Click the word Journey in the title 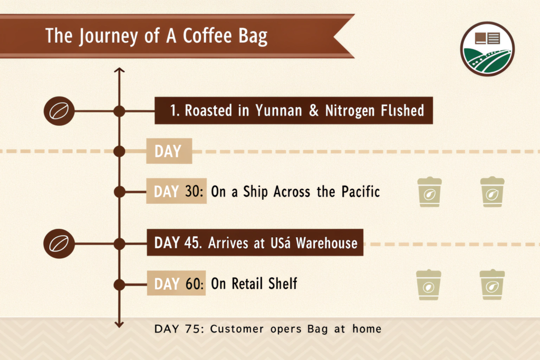tap(109, 36)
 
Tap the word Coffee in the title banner tap(207, 35)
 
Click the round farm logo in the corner tap(487, 49)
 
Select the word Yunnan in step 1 tap(278, 111)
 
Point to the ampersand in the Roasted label tap(314, 111)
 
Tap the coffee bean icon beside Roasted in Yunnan tap(59, 111)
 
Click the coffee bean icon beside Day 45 tap(59, 244)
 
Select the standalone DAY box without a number tap(169, 151)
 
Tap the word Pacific tap(361, 191)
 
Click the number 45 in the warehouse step tap(192, 242)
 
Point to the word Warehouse tap(326, 243)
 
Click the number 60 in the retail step tap(192, 284)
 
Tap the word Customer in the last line tap(237, 329)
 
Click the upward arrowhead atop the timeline tap(119, 70)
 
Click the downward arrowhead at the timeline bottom tap(119, 325)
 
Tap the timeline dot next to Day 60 tap(119, 285)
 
